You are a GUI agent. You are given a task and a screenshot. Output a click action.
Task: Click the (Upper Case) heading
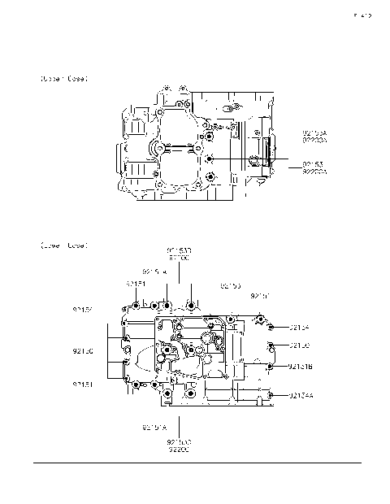tap(63, 79)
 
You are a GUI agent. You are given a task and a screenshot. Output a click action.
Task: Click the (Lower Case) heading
tap(63, 245)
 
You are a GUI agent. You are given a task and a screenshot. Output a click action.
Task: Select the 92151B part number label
tap(301, 367)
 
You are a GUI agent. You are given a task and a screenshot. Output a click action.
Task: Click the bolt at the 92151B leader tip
tap(269, 367)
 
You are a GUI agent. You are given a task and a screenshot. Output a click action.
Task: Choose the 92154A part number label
tap(301, 395)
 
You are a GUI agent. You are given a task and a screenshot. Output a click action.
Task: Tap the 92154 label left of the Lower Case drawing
tap(83, 310)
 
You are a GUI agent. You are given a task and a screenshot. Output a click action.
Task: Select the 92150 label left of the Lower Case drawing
tap(83, 351)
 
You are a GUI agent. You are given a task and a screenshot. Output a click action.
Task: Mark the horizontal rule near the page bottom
tap(195, 464)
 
